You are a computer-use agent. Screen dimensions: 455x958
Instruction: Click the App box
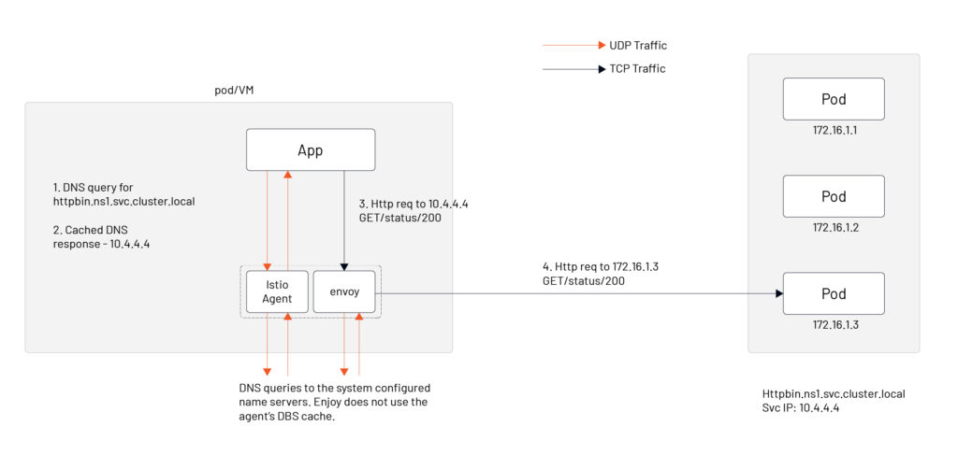310,149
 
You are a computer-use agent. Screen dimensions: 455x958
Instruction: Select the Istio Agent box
276,291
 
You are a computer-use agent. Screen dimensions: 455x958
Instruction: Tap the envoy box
343,291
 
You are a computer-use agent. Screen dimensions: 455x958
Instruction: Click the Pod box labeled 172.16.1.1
834,99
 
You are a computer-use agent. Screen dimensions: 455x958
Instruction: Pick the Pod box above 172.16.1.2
834,196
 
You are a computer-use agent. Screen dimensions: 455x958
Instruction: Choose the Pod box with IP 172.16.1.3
834,293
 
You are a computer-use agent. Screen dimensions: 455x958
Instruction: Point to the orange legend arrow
573,45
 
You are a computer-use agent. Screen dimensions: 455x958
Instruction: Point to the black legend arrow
573,68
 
